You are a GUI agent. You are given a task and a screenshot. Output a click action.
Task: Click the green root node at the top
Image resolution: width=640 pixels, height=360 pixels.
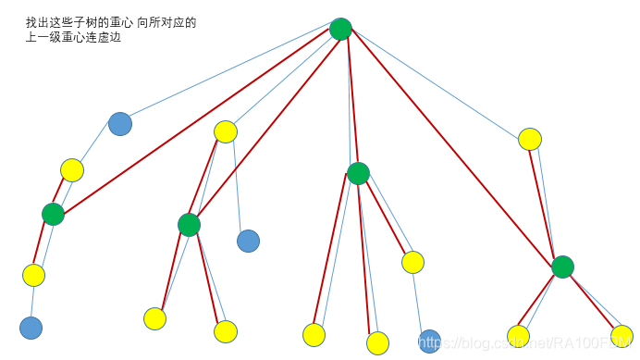(340, 29)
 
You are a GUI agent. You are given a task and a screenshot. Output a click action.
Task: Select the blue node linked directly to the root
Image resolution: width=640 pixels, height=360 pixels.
(120, 124)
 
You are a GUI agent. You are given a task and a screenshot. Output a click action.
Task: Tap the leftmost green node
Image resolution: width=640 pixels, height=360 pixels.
(53, 214)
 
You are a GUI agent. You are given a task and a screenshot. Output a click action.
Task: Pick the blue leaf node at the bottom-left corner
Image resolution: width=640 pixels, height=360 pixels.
(31, 328)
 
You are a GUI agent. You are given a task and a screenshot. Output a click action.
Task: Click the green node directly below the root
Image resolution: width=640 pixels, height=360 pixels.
(358, 173)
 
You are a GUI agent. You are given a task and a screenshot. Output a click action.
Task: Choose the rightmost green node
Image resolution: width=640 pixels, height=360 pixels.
(562, 267)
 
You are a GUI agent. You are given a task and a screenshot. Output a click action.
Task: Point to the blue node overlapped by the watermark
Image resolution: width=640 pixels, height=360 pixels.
(429, 341)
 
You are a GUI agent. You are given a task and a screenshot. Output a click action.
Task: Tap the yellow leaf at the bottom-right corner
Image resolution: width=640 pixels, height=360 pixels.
(622, 336)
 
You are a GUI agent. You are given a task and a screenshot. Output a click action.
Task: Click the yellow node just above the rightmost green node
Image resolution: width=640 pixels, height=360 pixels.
(529, 139)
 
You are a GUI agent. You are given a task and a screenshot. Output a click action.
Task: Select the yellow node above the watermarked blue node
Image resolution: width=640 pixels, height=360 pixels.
(412, 262)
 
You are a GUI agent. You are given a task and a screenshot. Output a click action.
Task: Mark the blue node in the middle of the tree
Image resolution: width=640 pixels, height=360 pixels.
(248, 241)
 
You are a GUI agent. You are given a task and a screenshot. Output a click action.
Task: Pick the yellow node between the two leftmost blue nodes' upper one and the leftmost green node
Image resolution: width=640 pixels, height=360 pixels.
(72, 169)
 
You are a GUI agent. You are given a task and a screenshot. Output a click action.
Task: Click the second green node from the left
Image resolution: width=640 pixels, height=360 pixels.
(189, 225)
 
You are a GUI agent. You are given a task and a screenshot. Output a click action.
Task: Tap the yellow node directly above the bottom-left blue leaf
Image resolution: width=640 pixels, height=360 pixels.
(33, 275)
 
